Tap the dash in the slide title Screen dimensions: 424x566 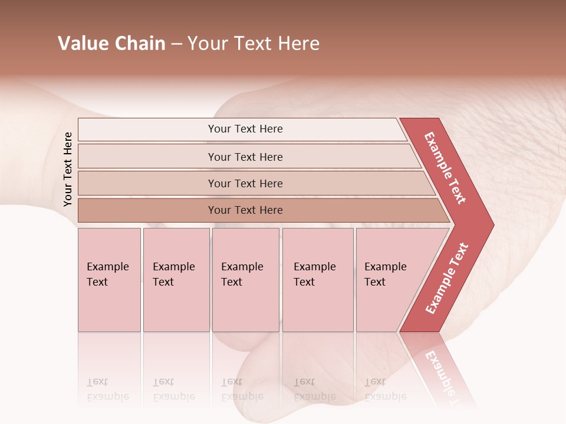point(176,44)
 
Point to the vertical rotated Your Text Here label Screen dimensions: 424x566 point(68,169)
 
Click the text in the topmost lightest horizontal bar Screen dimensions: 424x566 point(245,129)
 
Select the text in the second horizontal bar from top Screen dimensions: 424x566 point(245,157)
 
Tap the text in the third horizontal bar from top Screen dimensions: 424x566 point(245,183)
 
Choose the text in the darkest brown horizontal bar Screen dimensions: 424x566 point(245,210)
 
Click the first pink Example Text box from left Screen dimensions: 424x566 point(109,280)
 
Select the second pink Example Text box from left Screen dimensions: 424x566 point(176,280)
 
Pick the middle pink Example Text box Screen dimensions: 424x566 point(245,280)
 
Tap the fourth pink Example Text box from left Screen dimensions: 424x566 point(317,280)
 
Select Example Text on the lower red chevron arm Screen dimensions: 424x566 point(446,279)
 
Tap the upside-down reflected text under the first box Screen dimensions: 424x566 point(107,389)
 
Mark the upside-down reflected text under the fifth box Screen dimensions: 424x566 point(385,389)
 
